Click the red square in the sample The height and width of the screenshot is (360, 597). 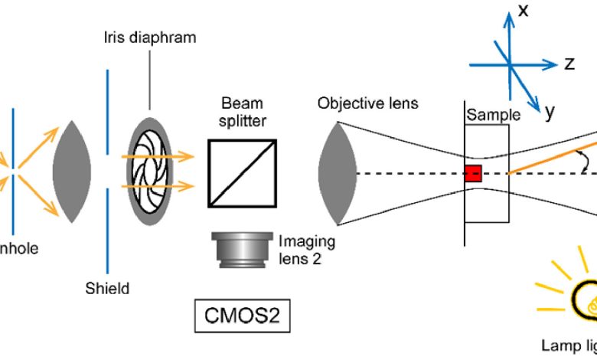473,173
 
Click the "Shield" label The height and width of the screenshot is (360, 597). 108,289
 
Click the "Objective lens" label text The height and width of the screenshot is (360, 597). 369,103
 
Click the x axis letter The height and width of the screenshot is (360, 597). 524,10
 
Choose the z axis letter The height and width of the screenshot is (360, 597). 569,64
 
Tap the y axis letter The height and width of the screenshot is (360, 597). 550,113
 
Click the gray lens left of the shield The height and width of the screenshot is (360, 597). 74,171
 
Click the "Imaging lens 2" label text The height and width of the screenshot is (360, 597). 306,250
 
